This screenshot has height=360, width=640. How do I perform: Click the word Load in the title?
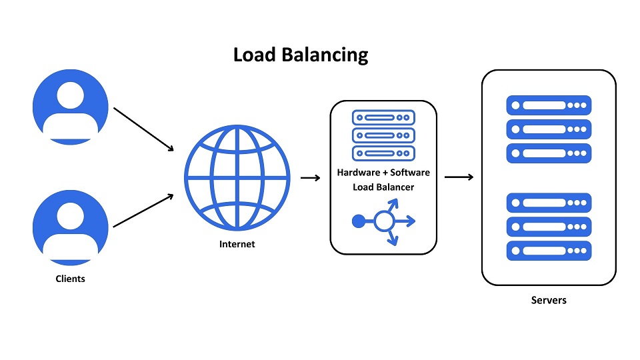(x=254, y=54)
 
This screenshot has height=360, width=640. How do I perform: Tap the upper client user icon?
(x=70, y=107)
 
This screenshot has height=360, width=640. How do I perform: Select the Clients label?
(x=70, y=279)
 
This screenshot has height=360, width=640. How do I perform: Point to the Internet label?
(x=237, y=244)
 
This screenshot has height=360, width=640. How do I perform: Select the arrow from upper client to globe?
(x=143, y=128)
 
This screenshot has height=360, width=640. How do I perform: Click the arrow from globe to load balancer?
(x=311, y=178)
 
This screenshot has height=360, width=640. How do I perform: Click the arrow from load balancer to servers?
(x=459, y=177)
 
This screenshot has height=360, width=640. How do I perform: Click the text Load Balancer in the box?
(x=383, y=187)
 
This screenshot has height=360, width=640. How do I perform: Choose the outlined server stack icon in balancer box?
(x=383, y=135)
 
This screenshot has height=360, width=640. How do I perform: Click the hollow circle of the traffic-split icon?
(x=383, y=221)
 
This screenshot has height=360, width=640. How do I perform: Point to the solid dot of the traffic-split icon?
(x=358, y=221)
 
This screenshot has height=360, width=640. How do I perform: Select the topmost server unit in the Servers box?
(x=549, y=105)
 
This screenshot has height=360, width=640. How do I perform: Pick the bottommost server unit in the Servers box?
(x=549, y=251)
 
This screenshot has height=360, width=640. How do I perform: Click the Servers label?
(x=549, y=300)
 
